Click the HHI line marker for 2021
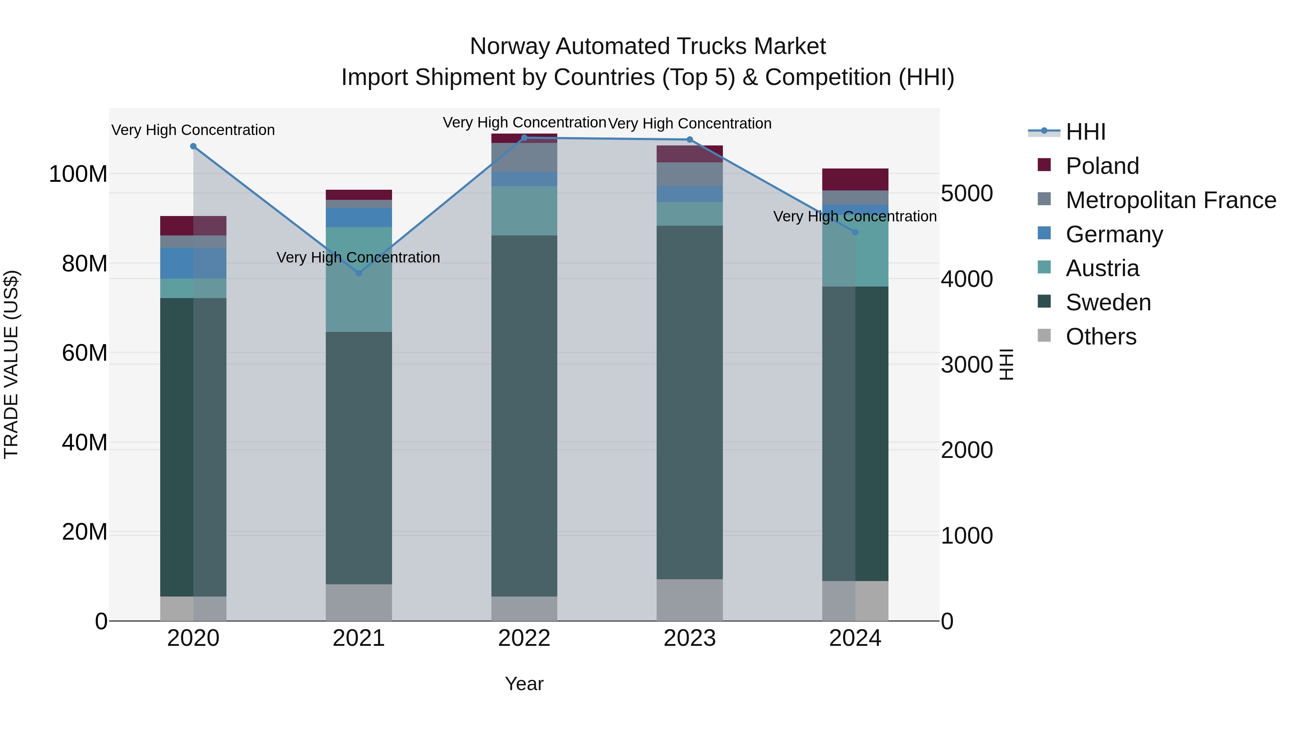[x=359, y=273]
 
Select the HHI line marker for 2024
[x=855, y=232]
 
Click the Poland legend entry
[x=1102, y=166]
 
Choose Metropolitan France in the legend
[x=1170, y=200]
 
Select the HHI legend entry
[x=1085, y=132]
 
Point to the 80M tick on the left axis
[x=84, y=264]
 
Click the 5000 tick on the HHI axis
[x=967, y=193]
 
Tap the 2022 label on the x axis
[x=524, y=638]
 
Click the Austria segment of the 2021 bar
[x=359, y=279]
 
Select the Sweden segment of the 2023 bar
[x=690, y=402]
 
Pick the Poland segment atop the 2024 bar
[x=855, y=180]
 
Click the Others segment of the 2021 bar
[x=359, y=602]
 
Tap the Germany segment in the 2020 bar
[x=193, y=263]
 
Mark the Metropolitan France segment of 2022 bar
[x=524, y=157]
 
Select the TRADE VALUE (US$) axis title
[x=11, y=364]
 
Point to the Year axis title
[x=524, y=684]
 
